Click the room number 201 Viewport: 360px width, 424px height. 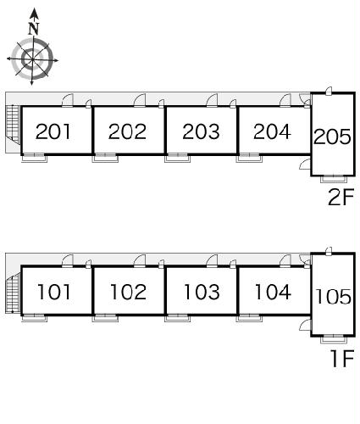pos(53,131)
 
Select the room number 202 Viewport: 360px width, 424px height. pos(127,131)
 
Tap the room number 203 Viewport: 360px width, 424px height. pos(201,131)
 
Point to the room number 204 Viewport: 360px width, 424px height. pos(272,131)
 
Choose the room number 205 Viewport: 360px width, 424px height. pos(332,137)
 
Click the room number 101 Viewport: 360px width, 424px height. pos(53,292)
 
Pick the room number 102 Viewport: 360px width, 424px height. pos(128,292)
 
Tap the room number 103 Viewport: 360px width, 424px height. pos(202,292)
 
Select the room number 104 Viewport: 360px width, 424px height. pos(273,292)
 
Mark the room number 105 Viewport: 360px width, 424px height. pos(333,297)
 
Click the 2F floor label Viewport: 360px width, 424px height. pos(341,197)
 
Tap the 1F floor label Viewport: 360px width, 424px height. pos(343,358)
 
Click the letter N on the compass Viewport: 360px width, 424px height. pos(34,28)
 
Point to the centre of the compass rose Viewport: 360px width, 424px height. pos(32,59)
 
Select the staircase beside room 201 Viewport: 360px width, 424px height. pos(13,125)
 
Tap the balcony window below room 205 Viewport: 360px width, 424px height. pos(334,179)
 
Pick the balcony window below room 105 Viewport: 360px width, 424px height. pos(334,339)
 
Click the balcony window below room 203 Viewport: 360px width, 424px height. pos(177,159)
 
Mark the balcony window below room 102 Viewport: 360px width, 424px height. pos(105,318)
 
